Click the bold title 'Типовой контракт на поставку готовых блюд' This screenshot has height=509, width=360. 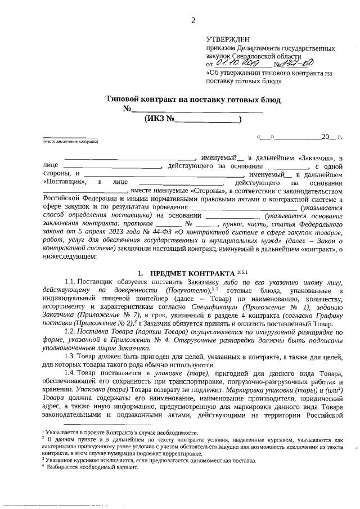tap(193, 99)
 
